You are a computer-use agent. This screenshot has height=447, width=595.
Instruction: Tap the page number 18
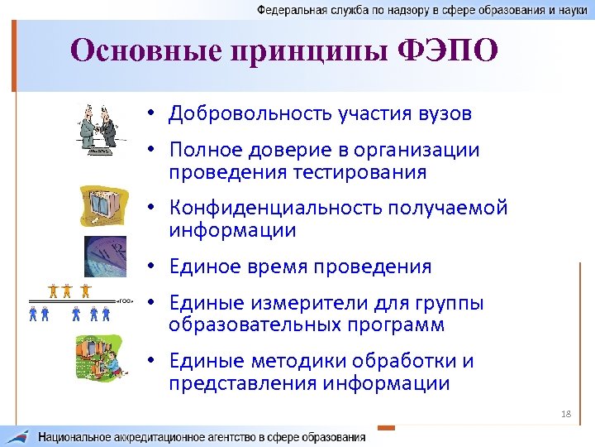565,413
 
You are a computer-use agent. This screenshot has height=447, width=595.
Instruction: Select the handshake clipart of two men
99,130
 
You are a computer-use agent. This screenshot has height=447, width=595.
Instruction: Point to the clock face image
105,256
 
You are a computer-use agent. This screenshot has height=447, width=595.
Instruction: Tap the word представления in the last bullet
240,383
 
